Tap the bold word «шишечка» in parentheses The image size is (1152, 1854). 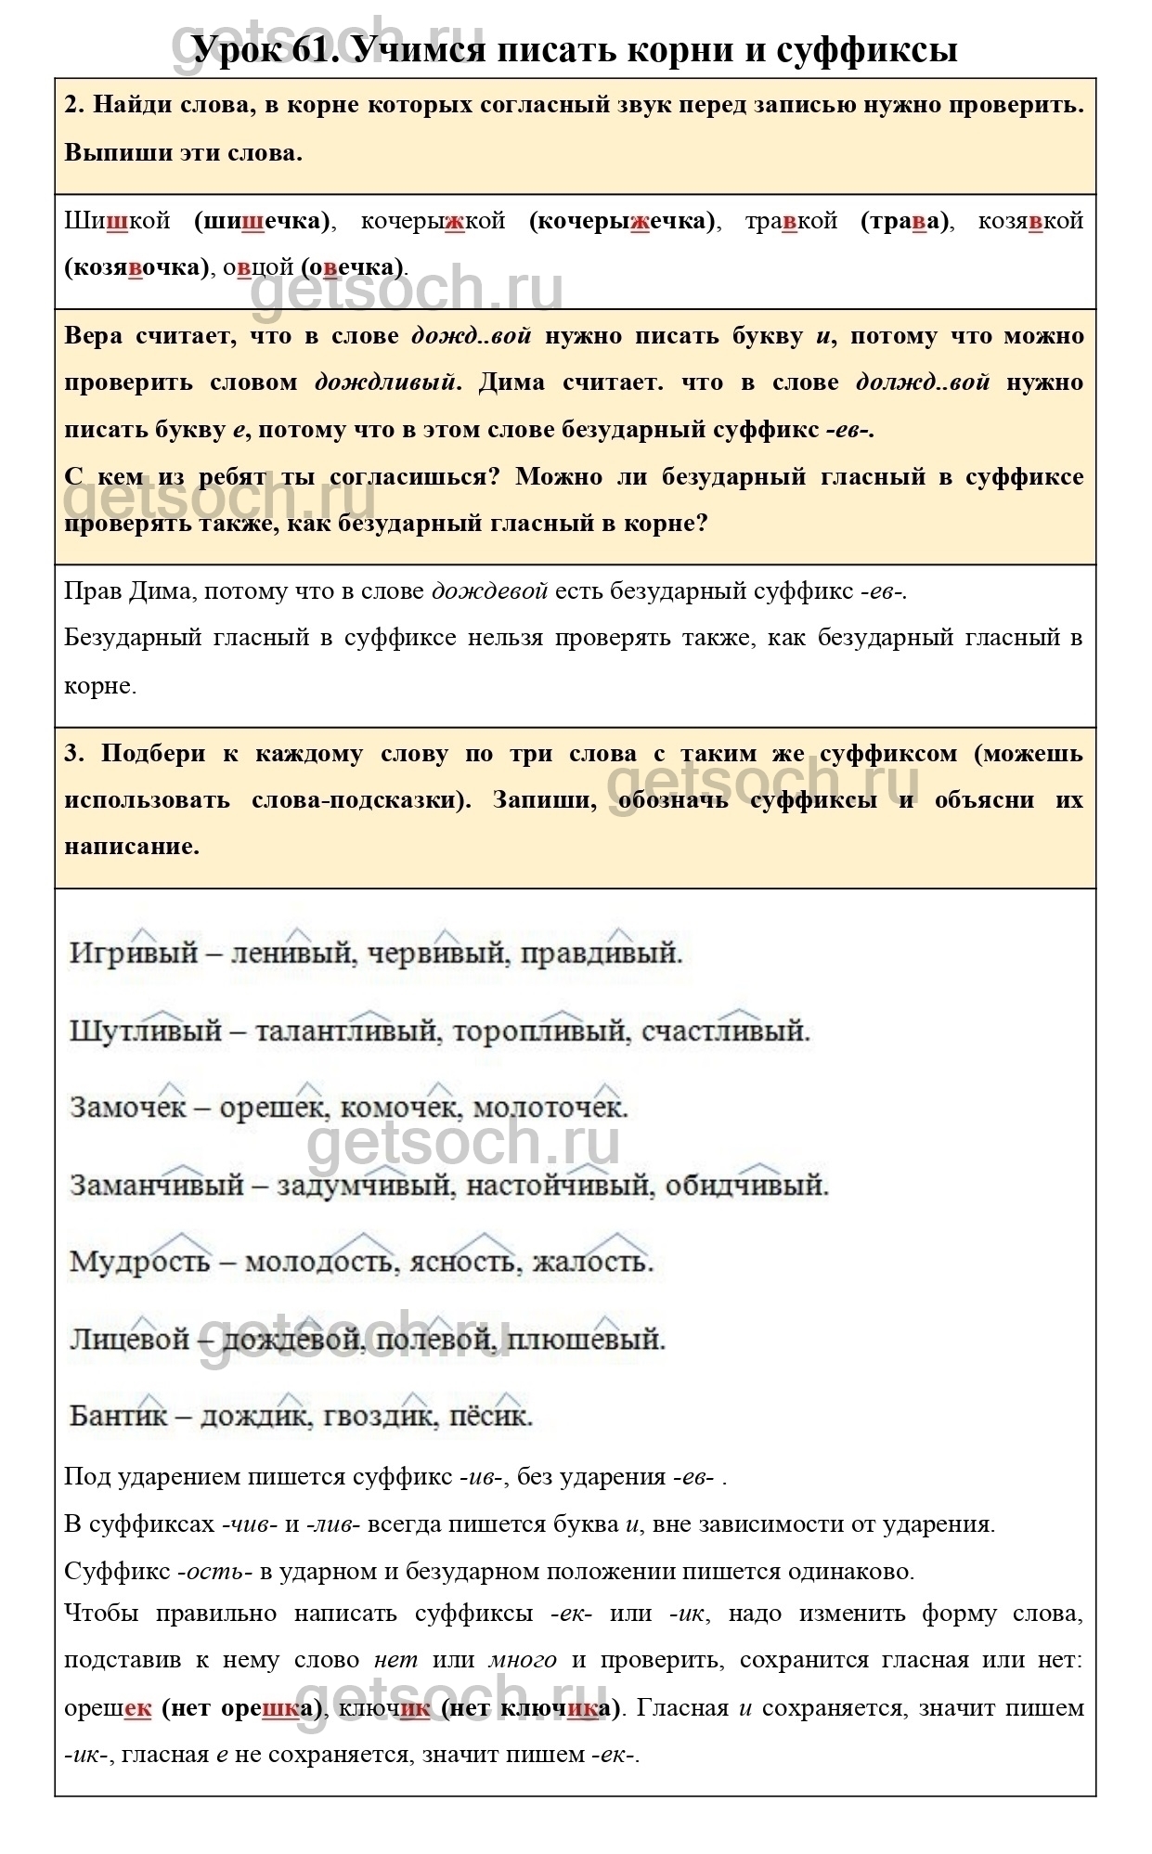click(262, 221)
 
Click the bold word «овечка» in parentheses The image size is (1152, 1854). click(353, 267)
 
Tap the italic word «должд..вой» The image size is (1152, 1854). click(923, 382)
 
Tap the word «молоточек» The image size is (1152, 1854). click(550, 1109)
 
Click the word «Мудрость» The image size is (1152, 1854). click(140, 1263)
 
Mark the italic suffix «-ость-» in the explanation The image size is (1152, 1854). click(214, 1572)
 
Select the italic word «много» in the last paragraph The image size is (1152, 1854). click(523, 1659)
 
